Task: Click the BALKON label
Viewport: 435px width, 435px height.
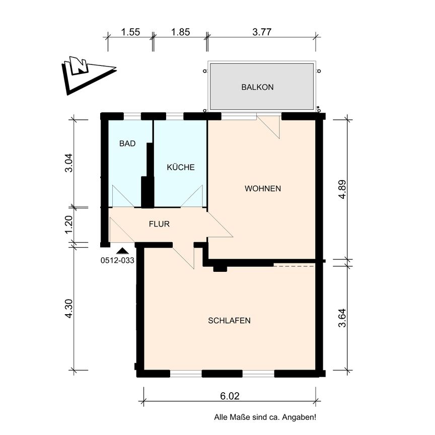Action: (x=257, y=87)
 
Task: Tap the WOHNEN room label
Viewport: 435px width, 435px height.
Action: (x=262, y=189)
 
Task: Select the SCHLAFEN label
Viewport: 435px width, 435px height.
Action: (x=229, y=320)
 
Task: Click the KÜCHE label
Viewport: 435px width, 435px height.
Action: (x=180, y=168)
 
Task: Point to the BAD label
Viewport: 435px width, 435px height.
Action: (x=127, y=143)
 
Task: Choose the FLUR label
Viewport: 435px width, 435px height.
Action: (x=159, y=224)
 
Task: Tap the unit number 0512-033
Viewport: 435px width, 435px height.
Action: (x=117, y=260)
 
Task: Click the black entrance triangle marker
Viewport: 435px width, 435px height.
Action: (x=122, y=250)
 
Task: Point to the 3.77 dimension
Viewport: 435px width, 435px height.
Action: (x=261, y=32)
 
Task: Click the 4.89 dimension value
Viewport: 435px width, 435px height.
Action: (x=342, y=190)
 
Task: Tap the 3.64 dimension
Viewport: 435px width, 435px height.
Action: (x=342, y=318)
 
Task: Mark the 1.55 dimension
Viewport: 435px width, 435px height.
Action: (x=130, y=32)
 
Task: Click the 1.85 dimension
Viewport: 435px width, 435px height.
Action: (x=180, y=32)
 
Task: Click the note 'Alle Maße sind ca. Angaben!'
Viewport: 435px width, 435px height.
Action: (x=265, y=417)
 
